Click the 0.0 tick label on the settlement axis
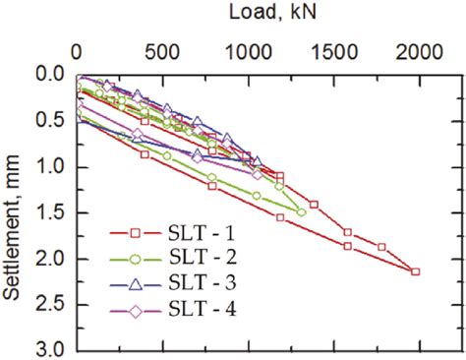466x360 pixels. coord(49,75)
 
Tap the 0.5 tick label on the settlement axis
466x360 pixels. coord(49,121)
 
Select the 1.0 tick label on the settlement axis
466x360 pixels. coord(49,167)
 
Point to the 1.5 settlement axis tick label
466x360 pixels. coord(49,213)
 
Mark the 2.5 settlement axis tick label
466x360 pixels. coord(49,305)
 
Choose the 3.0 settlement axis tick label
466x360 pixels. coord(49,350)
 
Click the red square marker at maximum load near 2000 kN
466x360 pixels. coord(415,271)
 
